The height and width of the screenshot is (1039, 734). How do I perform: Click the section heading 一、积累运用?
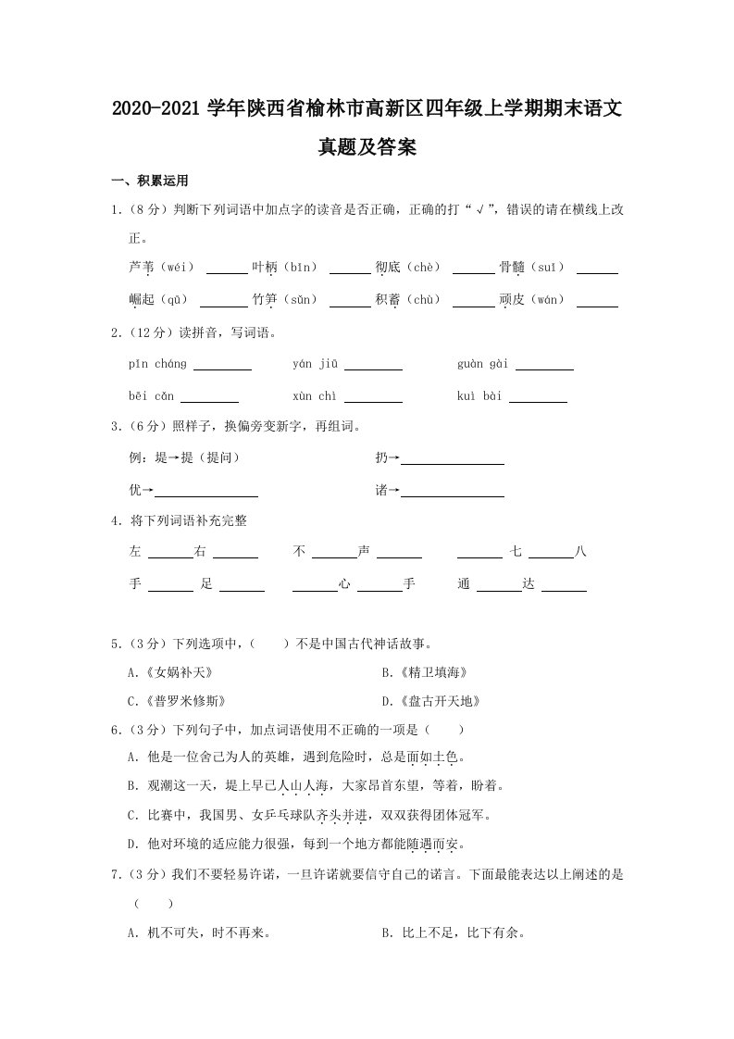[x=149, y=181]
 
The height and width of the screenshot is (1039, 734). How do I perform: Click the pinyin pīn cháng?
[x=158, y=364]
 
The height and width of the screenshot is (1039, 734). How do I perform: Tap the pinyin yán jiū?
[x=315, y=364]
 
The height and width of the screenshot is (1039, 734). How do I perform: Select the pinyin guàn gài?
[x=482, y=364]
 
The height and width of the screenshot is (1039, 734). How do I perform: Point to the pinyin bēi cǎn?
[x=152, y=396]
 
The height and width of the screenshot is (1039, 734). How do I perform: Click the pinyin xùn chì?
[x=315, y=396]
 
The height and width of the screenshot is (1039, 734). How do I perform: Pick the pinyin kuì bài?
[x=479, y=396]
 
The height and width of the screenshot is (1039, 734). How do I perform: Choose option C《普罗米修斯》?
[x=178, y=701]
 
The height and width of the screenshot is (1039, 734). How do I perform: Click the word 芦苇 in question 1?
[x=143, y=267]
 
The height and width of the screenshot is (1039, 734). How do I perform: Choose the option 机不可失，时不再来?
[x=200, y=933]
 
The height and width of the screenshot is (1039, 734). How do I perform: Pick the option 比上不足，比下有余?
[x=454, y=933]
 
